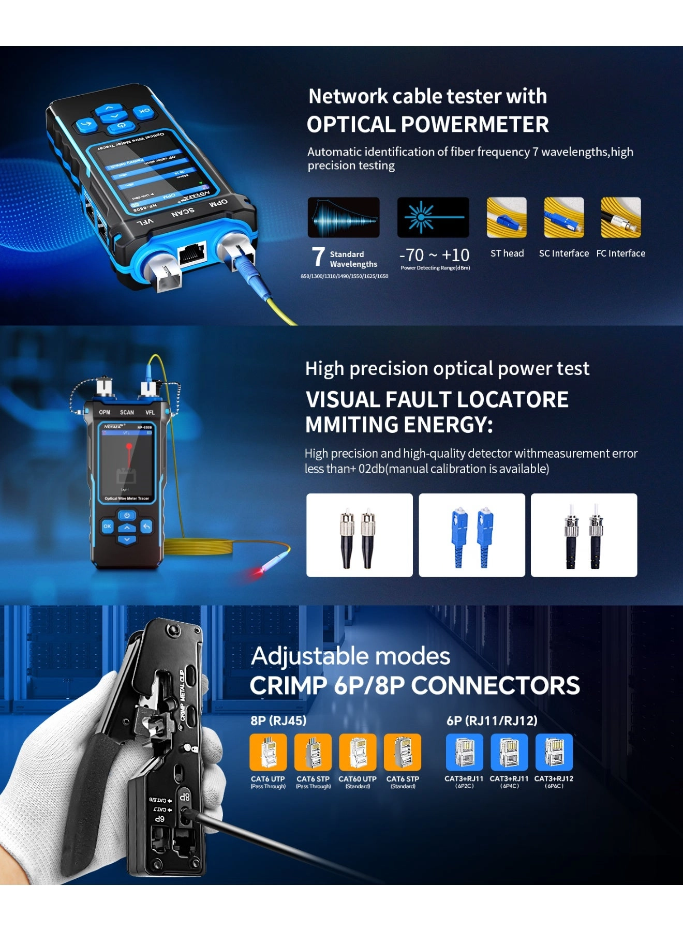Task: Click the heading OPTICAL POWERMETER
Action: coord(427,125)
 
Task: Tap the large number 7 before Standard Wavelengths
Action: coord(318,257)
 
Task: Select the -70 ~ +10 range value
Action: coord(434,255)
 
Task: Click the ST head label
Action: coord(507,253)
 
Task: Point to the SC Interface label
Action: coord(563,253)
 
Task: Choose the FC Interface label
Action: coord(620,253)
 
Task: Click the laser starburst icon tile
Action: coord(433,217)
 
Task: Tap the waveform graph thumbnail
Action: coord(344,217)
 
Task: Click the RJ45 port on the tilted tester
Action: coord(192,253)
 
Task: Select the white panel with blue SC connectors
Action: coord(472,535)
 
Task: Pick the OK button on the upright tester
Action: coord(107,526)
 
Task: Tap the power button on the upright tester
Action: coord(127,515)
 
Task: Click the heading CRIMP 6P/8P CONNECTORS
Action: coord(414,686)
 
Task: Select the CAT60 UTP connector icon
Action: coord(358,752)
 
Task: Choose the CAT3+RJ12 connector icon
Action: coord(554,752)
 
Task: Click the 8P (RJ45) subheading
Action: coord(278,720)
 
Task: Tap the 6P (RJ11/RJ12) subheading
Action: coord(492,720)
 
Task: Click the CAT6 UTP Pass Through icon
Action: coord(268,752)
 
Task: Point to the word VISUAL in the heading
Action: coord(342,400)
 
